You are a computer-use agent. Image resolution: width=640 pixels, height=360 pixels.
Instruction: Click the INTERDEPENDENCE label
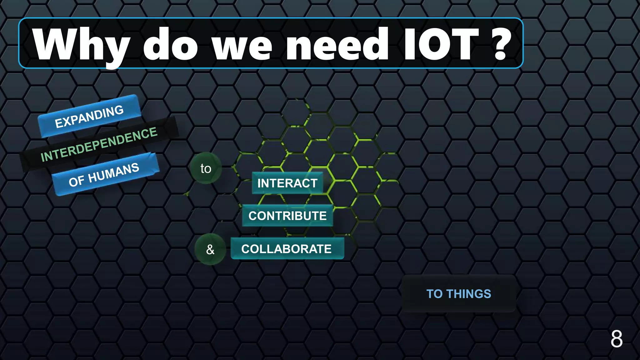pyautogui.click(x=99, y=144)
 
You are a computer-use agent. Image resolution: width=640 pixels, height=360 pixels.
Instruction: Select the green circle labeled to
pyautogui.click(x=206, y=168)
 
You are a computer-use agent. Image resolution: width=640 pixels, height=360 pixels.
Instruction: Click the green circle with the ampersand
pyautogui.click(x=210, y=249)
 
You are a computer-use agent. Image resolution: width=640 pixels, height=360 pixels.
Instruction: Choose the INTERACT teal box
pyautogui.click(x=287, y=183)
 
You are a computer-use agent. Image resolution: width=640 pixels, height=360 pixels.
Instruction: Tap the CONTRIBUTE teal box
pyautogui.click(x=287, y=216)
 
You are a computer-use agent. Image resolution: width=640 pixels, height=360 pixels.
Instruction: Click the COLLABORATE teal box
pyautogui.click(x=287, y=249)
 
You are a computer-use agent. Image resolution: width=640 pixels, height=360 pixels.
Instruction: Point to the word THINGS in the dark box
pyautogui.click(x=468, y=294)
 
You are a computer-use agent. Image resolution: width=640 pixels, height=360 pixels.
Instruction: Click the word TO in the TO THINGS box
pyautogui.click(x=434, y=294)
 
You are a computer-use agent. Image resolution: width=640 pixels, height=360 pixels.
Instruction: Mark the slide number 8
pyautogui.click(x=616, y=339)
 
